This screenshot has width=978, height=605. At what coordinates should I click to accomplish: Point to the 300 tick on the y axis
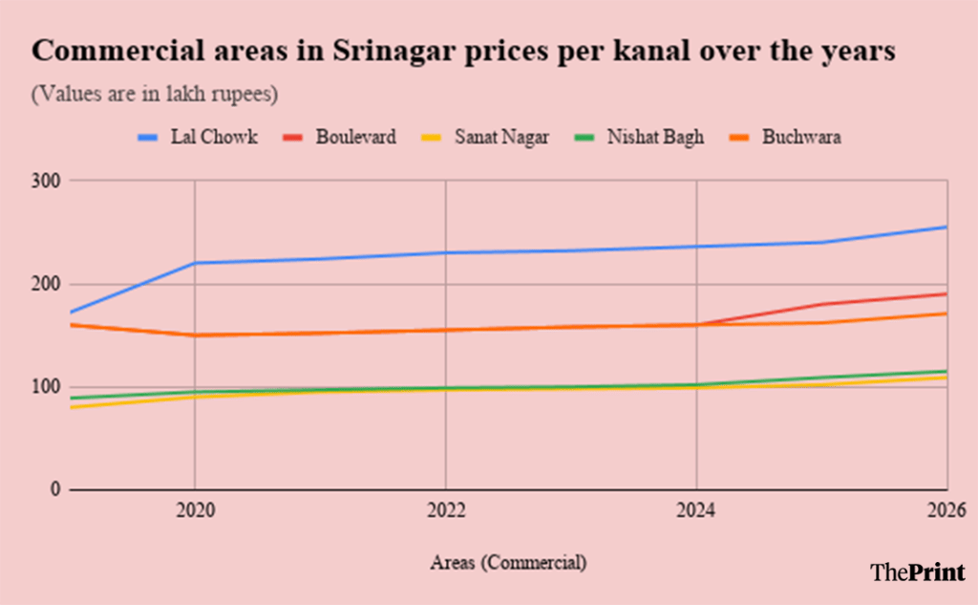[47, 181]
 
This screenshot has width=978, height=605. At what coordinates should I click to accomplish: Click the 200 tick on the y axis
[47, 284]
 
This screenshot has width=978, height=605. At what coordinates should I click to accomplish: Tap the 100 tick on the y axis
[47, 387]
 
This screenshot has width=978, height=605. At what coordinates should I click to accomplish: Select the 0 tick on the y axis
[54, 489]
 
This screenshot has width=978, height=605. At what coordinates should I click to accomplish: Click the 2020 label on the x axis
[194, 511]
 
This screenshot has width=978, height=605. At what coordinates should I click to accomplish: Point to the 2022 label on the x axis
[445, 511]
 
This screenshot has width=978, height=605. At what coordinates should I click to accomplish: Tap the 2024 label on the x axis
[696, 511]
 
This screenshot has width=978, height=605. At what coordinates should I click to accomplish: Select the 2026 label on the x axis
[946, 511]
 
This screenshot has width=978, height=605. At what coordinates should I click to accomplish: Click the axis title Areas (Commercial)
[508, 563]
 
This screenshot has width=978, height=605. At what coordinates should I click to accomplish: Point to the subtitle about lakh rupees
[155, 95]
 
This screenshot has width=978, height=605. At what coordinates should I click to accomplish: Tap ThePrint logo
[918, 572]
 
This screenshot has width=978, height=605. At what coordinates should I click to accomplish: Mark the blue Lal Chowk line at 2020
[195, 263]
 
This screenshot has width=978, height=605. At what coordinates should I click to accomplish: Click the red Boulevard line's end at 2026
[946, 293]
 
